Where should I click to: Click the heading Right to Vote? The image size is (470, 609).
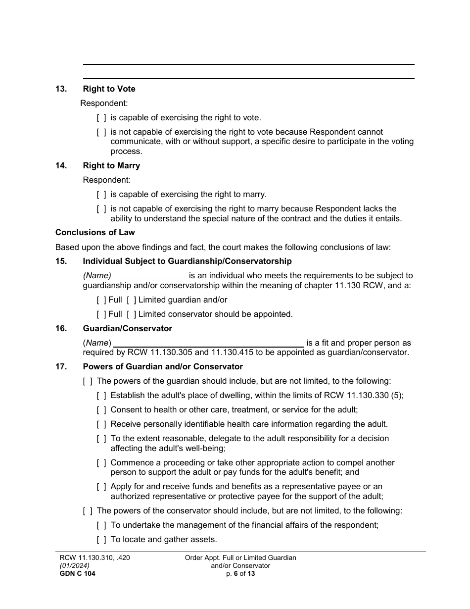click(x=109, y=89)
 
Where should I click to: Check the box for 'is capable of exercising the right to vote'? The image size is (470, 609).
click(x=101, y=118)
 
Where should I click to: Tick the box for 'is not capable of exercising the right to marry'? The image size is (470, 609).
click(x=101, y=209)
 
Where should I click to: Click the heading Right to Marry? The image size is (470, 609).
click(x=111, y=166)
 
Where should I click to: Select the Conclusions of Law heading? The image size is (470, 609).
click(x=95, y=233)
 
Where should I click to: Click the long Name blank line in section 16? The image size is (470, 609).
click(x=209, y=343)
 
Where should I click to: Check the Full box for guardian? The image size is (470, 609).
click(x=101, y=300)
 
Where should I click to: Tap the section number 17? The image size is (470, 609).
click(x=61, y=367)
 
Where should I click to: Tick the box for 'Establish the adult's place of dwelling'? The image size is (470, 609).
click(x=101, y=396)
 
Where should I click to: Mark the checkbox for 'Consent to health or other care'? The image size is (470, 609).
click(x=101, y=410)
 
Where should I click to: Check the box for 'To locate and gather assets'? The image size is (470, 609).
click(x=101, y=540)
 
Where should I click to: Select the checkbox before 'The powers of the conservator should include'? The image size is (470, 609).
click(x=88, y=511)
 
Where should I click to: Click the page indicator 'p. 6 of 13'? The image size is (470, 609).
click(x=240, y=574)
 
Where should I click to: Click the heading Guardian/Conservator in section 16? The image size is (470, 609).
click(x=128, y=329)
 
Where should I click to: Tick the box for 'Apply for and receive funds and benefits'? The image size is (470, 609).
click(x=101, y=487)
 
